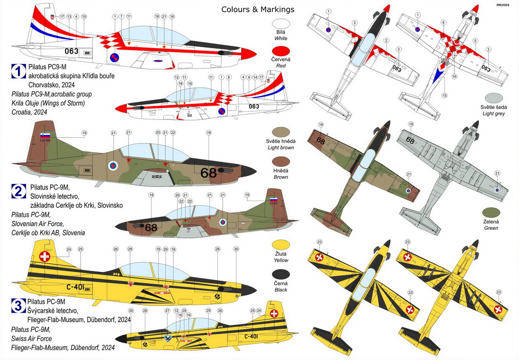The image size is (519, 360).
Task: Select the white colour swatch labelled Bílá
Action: point(281,24)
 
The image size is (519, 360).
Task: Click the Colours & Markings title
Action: point(258,9)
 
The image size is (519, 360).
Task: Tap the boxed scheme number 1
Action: point(18,72)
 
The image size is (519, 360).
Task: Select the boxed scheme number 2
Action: point(18,191)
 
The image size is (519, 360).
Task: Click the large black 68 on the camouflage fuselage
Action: point(208,173)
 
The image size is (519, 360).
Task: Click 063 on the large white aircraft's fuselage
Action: point(71,51)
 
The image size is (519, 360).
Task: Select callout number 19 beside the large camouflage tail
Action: point(84,133)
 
